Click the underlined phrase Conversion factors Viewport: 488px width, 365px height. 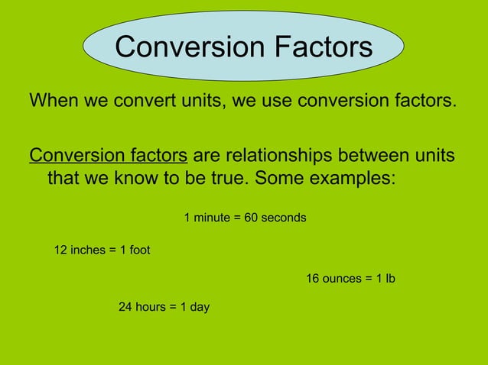(108, 156)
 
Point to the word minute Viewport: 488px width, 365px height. (211, 218)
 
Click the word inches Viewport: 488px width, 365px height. (87, 250)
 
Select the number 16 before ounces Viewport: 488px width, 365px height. (313, 279)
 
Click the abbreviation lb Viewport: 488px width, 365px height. (389, 279)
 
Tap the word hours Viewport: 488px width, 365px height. (151, 307)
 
